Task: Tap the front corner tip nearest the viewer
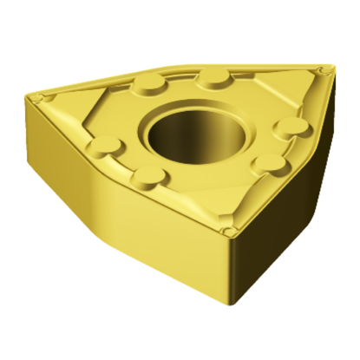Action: (228, 232)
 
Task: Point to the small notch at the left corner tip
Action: (46, 96)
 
